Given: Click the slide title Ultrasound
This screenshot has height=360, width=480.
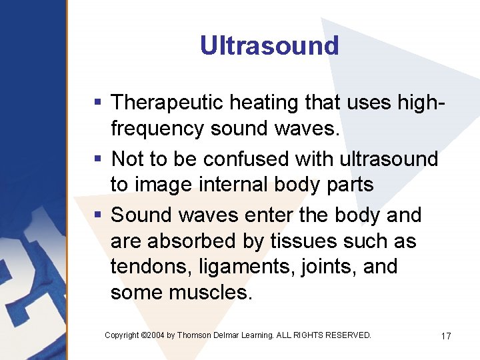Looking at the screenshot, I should point(269,45).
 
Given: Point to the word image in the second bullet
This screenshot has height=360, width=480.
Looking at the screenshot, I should point(169,185).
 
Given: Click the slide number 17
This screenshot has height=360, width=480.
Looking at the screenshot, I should point(446,336).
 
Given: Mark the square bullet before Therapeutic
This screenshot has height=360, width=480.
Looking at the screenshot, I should point(98,103).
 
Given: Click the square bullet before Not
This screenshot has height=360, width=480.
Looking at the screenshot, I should point(98,159).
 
